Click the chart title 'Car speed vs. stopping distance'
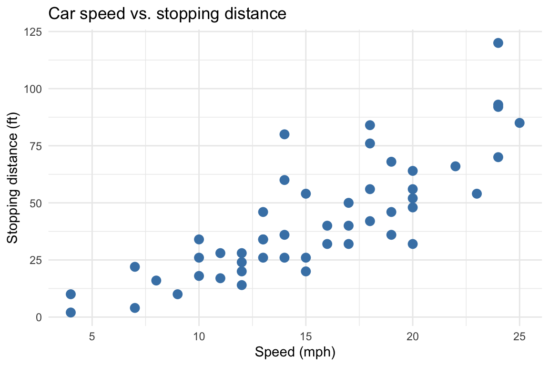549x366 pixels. pos(167,14)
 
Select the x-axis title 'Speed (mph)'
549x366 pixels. pos(295,353)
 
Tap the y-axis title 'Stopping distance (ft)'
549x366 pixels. pos(13,174)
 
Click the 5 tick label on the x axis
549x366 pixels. pos(92,337)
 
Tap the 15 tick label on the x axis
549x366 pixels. pos(306,337)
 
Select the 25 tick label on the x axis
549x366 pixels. pos(519,337)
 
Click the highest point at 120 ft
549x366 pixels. pos(498,43)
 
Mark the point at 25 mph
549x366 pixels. pos(519,123)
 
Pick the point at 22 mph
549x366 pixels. pos(455,166)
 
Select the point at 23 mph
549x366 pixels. pos(477,193)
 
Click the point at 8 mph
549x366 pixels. pos(156,280)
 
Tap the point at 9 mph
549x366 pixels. pos(178,294)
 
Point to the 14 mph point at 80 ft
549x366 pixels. pos(285,134)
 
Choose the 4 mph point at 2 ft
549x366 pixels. pos(71,313)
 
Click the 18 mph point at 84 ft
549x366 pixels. pos(370,125)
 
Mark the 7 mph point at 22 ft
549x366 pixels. pos(135,267)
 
